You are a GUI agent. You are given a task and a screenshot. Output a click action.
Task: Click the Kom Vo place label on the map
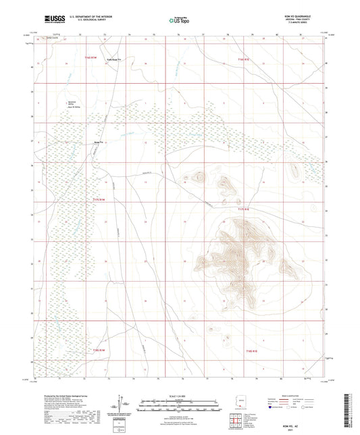99,143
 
